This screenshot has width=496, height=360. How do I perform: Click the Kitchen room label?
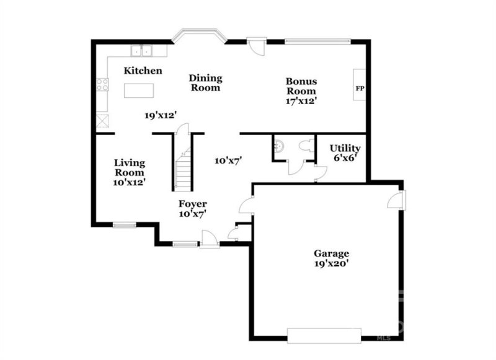coord(143,71)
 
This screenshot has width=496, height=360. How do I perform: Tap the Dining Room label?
coord(205,83)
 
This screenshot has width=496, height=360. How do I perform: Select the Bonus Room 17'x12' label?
coord(301,90)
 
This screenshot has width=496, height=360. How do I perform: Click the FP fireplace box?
coord(359,88)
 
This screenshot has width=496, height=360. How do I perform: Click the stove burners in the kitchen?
coord(103,85)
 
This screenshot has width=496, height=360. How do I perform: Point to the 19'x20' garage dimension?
coord(331,263)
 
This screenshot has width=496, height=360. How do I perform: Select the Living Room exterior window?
coord(124,224)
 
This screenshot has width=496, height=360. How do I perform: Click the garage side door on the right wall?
coord(398,200)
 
